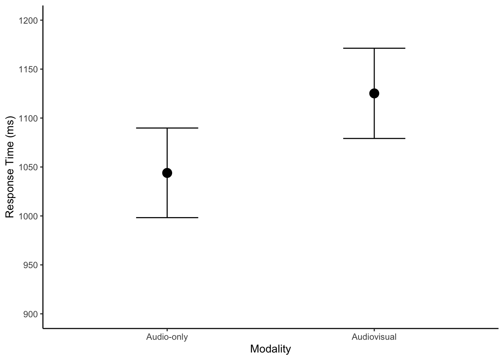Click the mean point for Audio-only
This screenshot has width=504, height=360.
pyautogui.click(x=167, y=173)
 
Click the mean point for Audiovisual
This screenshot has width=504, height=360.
pyautogui.click(x=374, y=93)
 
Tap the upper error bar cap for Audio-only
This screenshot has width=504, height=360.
pyautogui.click(x=167, y=128)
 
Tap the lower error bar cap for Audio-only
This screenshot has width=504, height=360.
pyautogui.click(x=167, y=217)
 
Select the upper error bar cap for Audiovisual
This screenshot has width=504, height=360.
pyautogui.click(x=374, y=48)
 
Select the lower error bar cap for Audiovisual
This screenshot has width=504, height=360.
pyautogui.click(x=374, y=138)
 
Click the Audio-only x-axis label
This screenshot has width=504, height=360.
pyautogui.click(x=167, y=337)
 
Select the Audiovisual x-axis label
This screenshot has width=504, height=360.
pyautogui.click(x=374, y=337)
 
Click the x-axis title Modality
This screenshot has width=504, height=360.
pyautogui.click(x=270, y=349)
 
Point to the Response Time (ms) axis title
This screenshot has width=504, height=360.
pyautogui.click(x=10, y=167)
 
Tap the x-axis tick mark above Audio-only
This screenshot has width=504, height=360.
pyautogui.click(x=167, y=330)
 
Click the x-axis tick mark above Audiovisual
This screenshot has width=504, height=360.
pyautogui.click(x=374, y=330)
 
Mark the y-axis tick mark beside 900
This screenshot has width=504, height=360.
pyautogui.click(x=41, y=314)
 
